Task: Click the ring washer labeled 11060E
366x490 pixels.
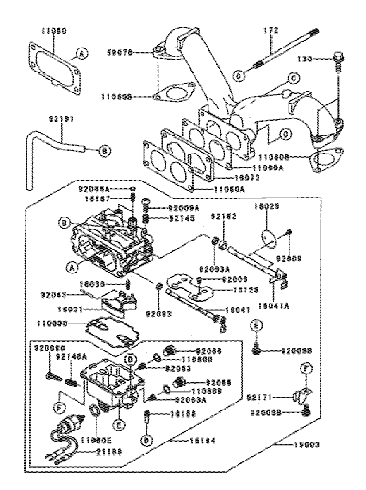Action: point(95,411)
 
